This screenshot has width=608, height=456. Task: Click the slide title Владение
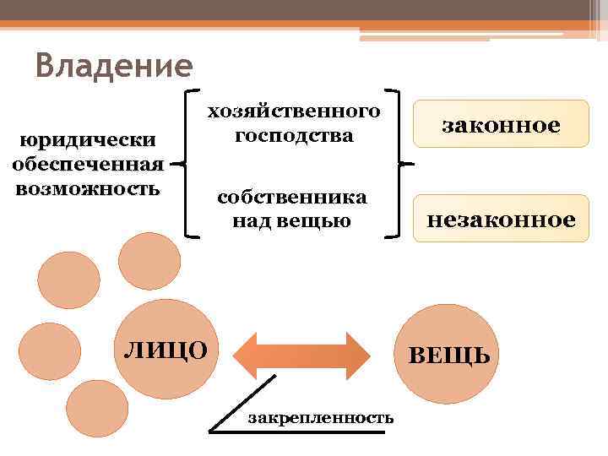click(x=115, y=65)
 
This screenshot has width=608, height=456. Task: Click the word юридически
click(x=89, y=139)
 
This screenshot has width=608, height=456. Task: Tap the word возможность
click(x=88, y=186)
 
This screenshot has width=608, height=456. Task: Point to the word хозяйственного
click(x=294, y=111)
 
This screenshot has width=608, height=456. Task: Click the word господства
click(x=294, y=135)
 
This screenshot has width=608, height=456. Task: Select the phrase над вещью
click(x=292, y=220)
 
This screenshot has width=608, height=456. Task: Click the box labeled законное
click(x=501, y=124)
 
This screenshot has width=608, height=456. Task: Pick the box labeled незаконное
click(x=501, y=220)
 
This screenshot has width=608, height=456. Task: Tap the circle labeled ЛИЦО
click(x=166, y=347)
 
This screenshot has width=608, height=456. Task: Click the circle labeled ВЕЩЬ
click(x=448, y=354)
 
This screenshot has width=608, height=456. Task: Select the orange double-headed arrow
click(x=301, y=355)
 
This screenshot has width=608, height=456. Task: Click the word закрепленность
click(x=320, y=418)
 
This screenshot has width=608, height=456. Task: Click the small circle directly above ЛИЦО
click(x=149, y=261)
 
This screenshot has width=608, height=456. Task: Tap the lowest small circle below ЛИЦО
click(x=97, y=409)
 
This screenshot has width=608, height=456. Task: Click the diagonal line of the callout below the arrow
click(x=243, y=403)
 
